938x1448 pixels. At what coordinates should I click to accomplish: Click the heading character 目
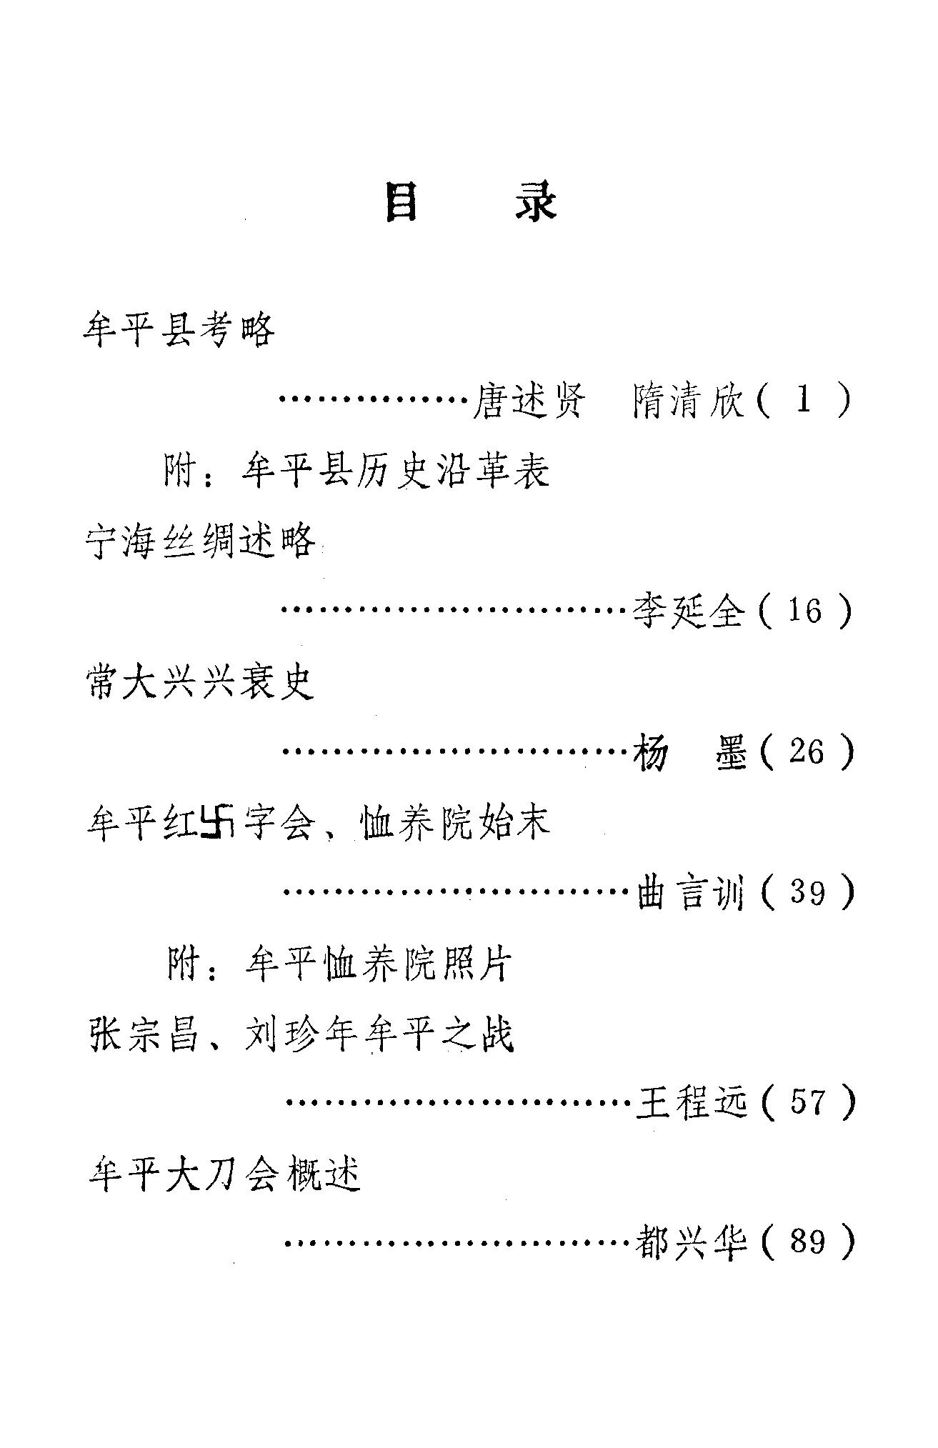point(401,203)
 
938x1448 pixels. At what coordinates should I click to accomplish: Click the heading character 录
point(535,203)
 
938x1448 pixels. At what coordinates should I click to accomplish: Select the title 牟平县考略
point(179,331)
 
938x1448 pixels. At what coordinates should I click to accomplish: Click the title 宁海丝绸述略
point(200,541)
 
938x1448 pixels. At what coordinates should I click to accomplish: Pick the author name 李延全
point(689,611)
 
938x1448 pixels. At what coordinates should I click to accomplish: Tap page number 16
point(804,611)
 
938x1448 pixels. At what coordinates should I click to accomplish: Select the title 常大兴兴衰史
point(200,682)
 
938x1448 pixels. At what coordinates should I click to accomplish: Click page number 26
point(806,752)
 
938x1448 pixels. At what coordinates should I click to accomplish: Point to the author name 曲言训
point(690,893)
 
